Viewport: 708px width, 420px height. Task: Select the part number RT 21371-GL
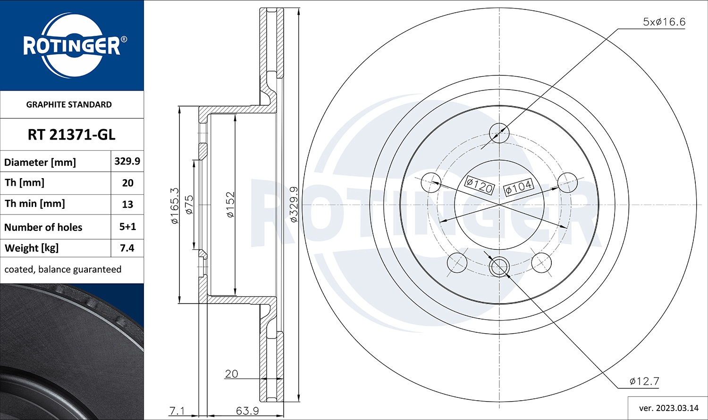(x=71, y=135)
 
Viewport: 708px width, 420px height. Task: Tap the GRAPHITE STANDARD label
(x=69, y=105)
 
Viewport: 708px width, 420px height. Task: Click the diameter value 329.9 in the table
(x=127, y=161)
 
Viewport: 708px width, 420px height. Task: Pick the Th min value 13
(x=127, y=205)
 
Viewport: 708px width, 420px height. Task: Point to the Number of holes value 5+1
(x=127, y=227)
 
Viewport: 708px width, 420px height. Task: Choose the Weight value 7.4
(x=127, y=248)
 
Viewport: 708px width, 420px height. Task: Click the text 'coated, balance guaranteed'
(x=63, y=270)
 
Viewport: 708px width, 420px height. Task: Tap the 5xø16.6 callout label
(x=664, y=22)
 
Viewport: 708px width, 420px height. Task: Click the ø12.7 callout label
(x=644, y=381)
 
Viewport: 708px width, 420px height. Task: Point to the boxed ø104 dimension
(x=518, y=187)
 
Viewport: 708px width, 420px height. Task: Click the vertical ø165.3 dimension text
(x=174, y=206)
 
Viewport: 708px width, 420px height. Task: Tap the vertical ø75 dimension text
(x=189, y=205)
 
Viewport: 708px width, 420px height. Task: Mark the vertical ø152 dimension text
(x=230, y=205)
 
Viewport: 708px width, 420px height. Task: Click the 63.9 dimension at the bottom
(x=247, y=411)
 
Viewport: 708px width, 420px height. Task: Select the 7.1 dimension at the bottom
(x=177, y=411)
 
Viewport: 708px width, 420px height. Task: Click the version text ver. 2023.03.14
(x=668, y=408)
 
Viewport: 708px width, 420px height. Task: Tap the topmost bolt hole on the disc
(x=499, y=132)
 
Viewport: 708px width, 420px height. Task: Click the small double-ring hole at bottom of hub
(x=499, y=267)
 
